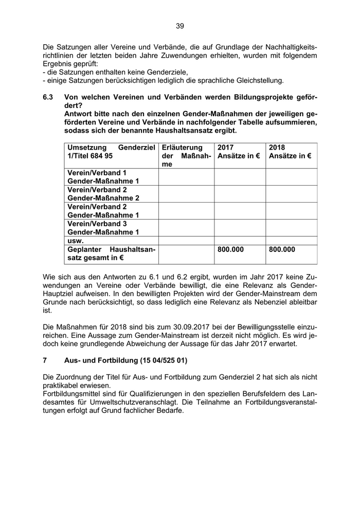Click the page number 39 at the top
pos(179,26)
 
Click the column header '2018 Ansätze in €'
pos(290,151)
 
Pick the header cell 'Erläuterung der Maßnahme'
pos(186,156)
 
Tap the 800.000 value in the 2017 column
pos(231,249)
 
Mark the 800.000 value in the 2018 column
pos(282,249)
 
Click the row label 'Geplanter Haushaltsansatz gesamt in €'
pos(111,253)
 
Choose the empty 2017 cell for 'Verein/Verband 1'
pos(239,177)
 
